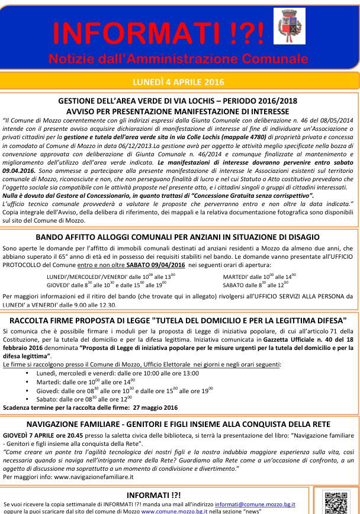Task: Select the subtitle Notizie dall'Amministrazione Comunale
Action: pyautogui.click(x=178, y=59)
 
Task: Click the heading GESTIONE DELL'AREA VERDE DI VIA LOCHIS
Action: pyautogui.click(x=178, y=101)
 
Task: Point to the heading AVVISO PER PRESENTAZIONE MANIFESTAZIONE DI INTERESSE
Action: pyautogui.click(x=178, y=111)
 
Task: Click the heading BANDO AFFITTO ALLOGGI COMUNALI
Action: pyautogui.click(x=178, y=237)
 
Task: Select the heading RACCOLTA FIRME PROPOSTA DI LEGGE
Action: pyautogui.click(x=178, y=320)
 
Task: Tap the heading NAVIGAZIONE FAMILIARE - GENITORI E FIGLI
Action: pyautogui.click(x=178, y=424)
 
